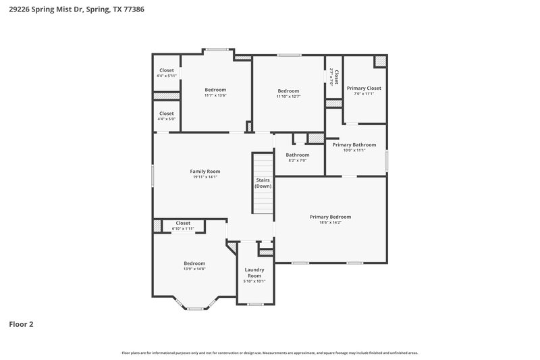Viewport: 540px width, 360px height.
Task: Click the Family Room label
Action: pos(205,172)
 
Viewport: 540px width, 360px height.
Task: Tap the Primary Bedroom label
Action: pos(330,217)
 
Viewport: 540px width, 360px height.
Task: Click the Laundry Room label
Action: pos(254,273)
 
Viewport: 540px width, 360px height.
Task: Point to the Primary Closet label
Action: pos(364,88)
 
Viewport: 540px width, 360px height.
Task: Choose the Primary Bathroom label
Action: pos(354,145)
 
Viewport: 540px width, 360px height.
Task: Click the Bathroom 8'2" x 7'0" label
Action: pos(297,155)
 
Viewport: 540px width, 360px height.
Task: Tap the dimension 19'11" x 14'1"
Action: pos(205,177)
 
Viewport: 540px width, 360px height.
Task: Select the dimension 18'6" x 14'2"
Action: pos(330,222)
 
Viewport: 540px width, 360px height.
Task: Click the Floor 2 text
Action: pos(21,324)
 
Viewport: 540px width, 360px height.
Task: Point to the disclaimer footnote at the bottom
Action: pos(269,353)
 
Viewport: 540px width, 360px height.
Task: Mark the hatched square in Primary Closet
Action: pos(381,61)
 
